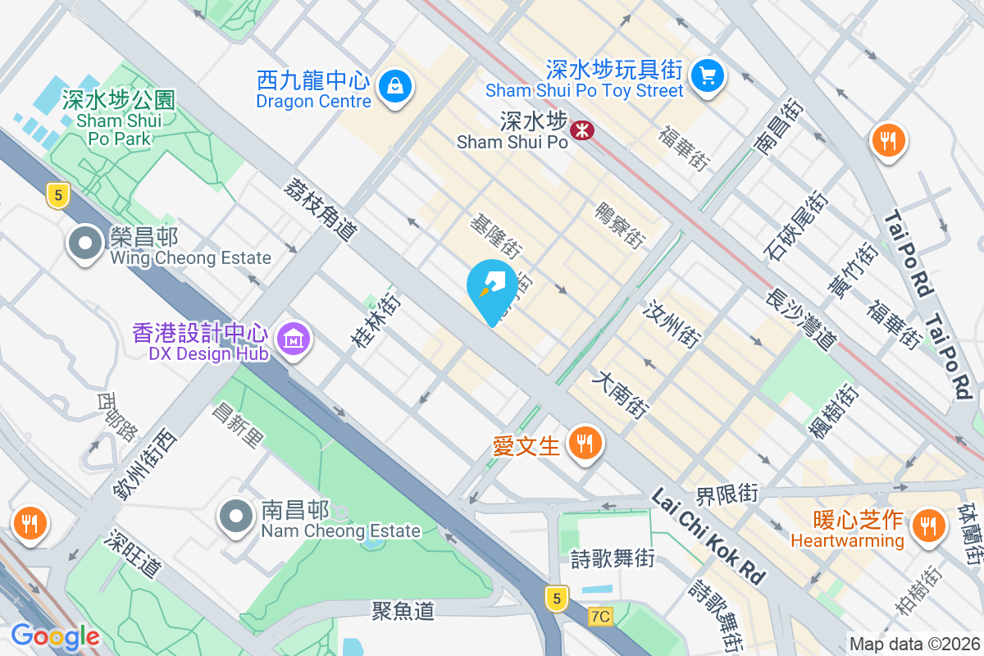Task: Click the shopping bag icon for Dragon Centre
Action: pos(395,84)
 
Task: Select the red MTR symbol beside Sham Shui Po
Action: pos(582,129)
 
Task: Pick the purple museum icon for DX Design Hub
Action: pos(292,338)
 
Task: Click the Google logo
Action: pos(55,635)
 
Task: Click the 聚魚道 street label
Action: pos(403,610)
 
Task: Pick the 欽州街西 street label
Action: pos(145,464)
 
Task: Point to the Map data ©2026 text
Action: pos(914,644)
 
